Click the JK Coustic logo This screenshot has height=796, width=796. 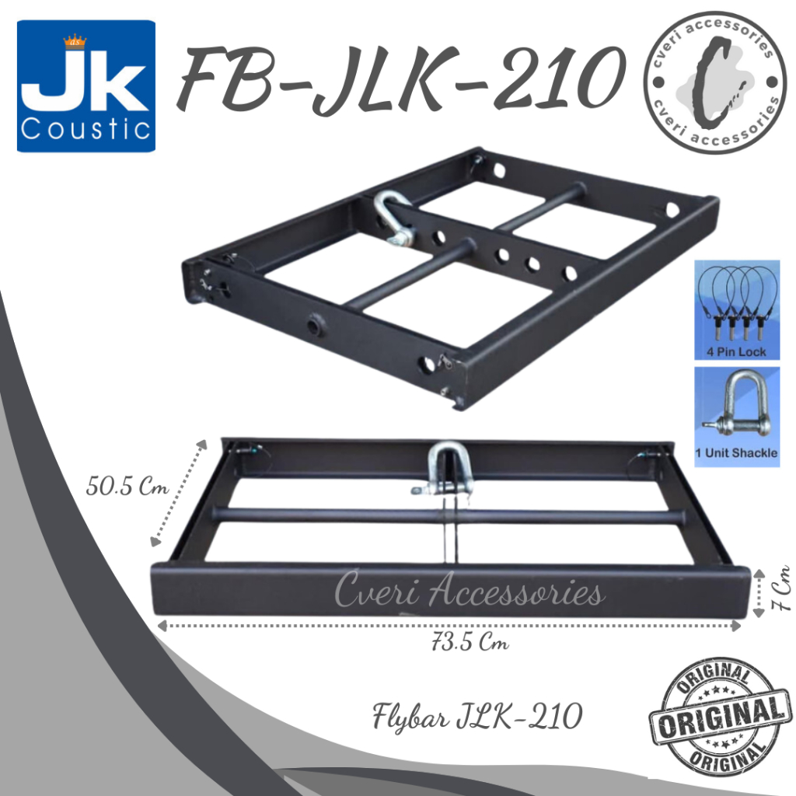click(86, 86)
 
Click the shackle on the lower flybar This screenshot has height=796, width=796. click(446, 467)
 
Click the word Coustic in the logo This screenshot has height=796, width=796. click(86, 128)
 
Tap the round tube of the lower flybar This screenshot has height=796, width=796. click(326, 515)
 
